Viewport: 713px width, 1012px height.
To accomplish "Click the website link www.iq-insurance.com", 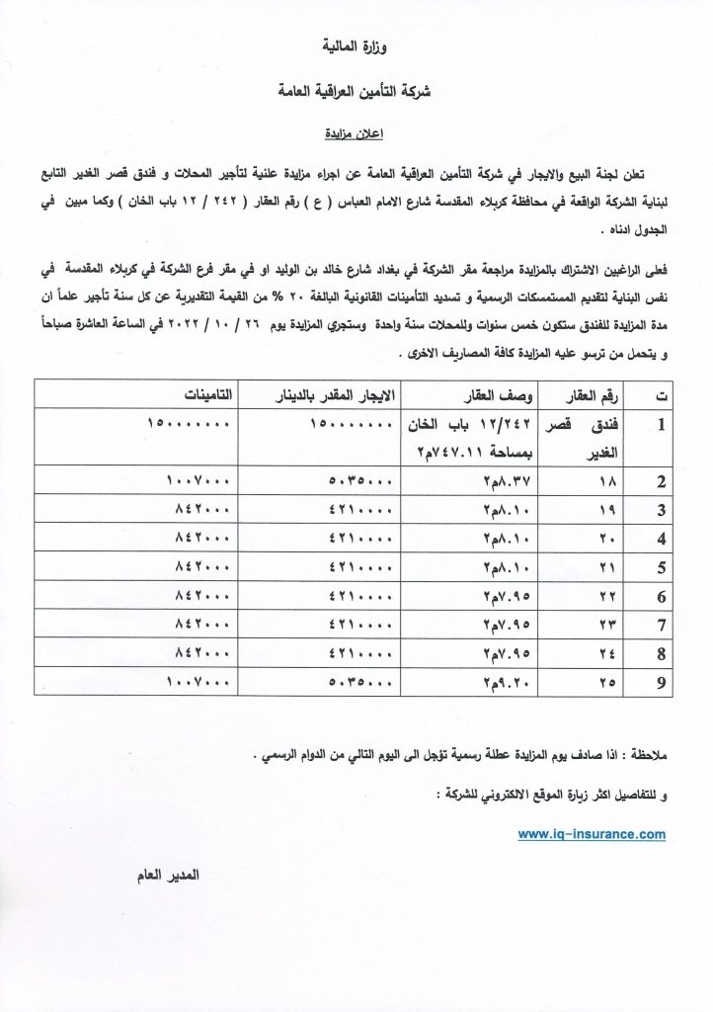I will point(592,834).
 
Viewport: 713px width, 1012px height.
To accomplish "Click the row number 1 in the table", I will point(664,427).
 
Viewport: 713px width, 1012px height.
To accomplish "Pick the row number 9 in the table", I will point(663,682).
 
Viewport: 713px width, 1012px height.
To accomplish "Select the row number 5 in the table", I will point(663,567).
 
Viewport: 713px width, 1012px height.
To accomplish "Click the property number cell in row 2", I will point(605,482).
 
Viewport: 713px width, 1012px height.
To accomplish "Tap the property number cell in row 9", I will point(605,682).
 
